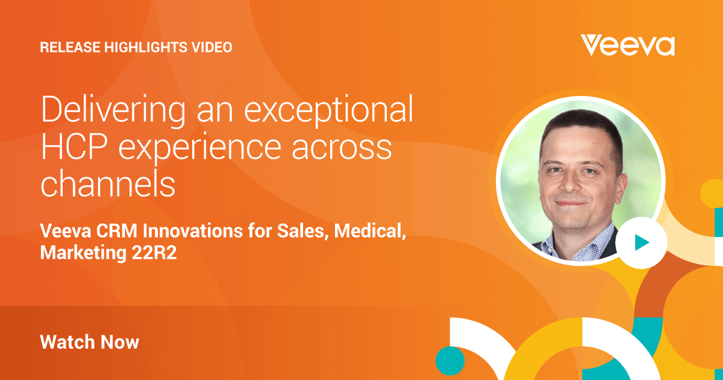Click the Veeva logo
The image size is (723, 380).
click(627, 45)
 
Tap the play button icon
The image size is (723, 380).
click(642, 242)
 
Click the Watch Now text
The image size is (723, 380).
click(89, 342)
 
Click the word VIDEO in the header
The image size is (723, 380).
click(212, 47)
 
